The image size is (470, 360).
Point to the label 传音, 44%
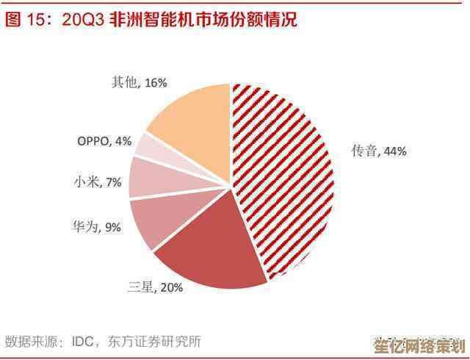378,151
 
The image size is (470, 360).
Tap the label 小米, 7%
98,182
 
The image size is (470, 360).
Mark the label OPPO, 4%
104,140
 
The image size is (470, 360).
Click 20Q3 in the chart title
82,20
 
